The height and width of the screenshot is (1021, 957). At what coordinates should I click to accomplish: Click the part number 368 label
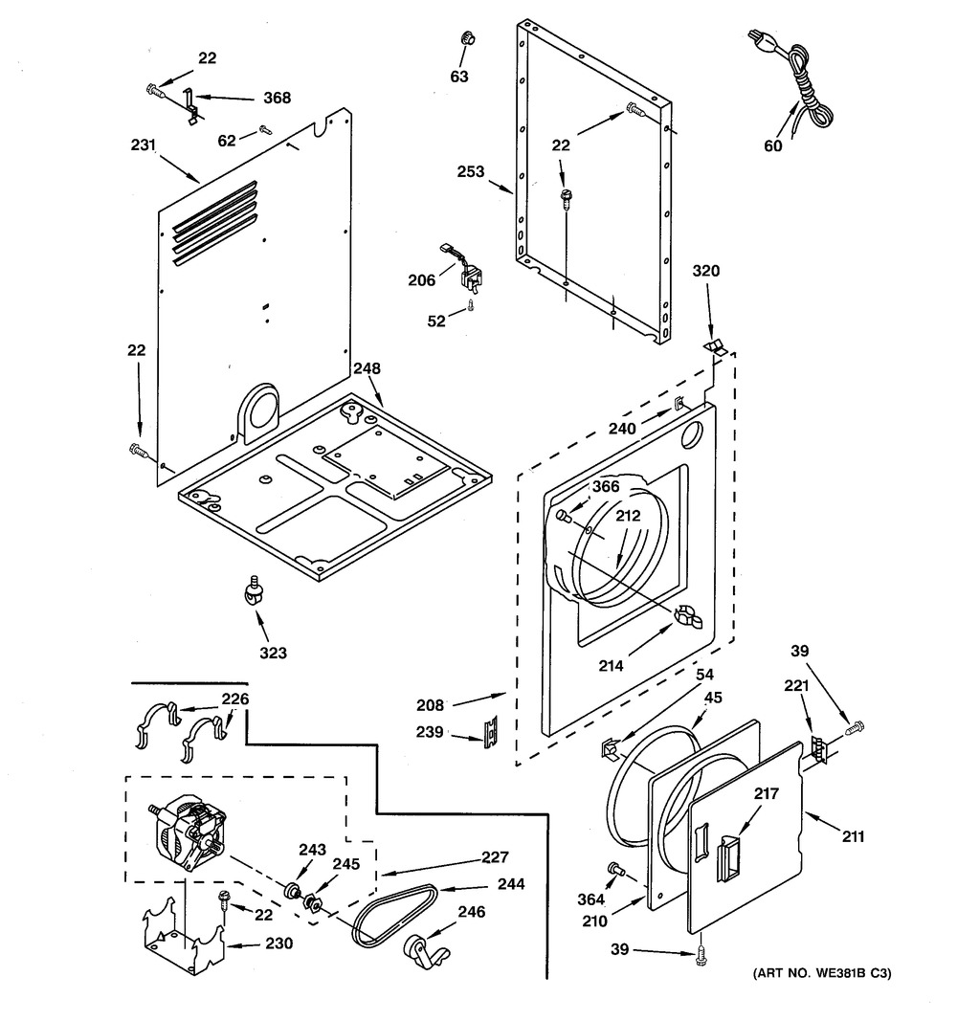coord(277,98)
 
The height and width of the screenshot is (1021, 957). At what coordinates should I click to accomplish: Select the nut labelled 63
coord(466,37)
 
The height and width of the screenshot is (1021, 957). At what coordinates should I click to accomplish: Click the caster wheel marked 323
coord(252,588)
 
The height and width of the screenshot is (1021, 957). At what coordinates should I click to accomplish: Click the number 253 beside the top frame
coord(471,171)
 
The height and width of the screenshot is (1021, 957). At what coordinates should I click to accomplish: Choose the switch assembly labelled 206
coord(465,268)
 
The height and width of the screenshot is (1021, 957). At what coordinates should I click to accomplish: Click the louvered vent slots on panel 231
coord(214,223)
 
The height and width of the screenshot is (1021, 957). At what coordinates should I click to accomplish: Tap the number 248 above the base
coord(367,368)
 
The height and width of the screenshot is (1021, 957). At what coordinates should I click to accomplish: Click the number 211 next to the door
coord(853,836)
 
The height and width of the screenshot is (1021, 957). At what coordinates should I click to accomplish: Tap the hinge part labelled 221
coord(819,748)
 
